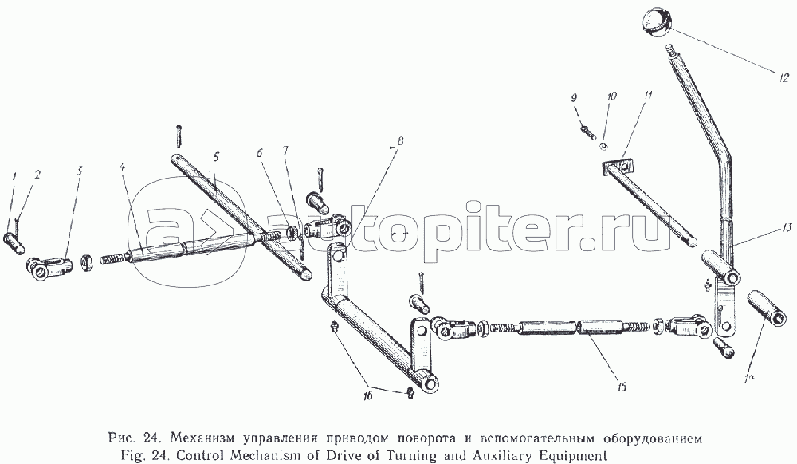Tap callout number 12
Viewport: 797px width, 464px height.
[783, 78]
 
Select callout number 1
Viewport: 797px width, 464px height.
[14, 176]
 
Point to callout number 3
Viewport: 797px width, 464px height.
[79, 171]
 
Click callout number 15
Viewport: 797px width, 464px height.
[622, 387]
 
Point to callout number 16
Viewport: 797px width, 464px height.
[367, 395]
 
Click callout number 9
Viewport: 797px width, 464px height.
[575, 97]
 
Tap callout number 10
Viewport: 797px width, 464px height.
[611, 96]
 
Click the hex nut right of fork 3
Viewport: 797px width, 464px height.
[87, 264]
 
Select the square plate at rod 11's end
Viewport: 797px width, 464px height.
[616, 167]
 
